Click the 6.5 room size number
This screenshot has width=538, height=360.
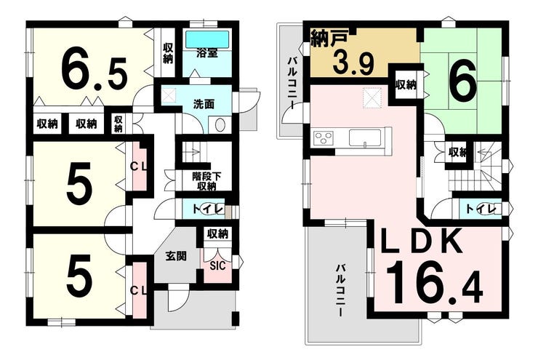[x=95, y=71]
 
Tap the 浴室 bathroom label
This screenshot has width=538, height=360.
[x=207, y=53]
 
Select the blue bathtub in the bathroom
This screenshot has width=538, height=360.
[x=207, y=39]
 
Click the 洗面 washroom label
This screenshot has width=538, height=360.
[x=204, y=104]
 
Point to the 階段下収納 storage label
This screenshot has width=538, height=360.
[x=206, y=182]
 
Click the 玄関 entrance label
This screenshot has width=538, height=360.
[x=176, y=256]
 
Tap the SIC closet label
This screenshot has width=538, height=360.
[x=217, y=265]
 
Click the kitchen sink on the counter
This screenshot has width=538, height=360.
[x=365, y=138]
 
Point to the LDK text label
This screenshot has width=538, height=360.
[x=422, y=241]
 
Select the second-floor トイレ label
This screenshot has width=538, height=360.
[x=481, y=209]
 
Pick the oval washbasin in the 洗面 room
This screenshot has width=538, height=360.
[x=219, y=124]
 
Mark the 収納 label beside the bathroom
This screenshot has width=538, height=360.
[x=168, y=53]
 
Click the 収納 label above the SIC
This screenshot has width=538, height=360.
[x=217, y=234]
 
